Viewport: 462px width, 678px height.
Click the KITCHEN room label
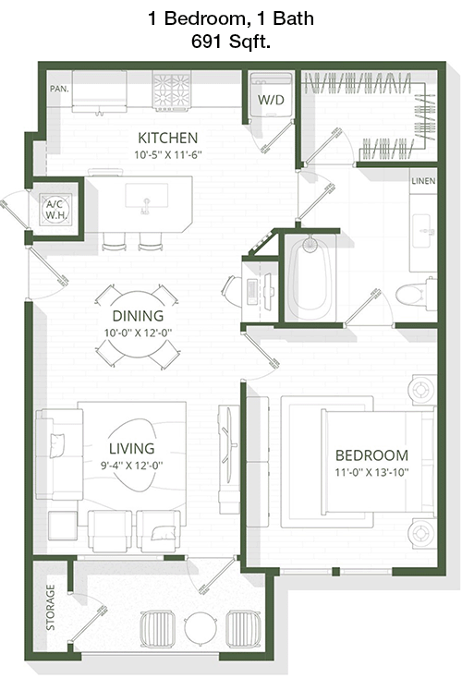[168, 138]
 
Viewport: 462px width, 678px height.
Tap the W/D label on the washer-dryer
[271, 100]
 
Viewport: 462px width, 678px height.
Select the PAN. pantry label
[59, 89]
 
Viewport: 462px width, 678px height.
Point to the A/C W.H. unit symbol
[55, 209]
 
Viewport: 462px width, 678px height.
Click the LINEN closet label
[423, 181]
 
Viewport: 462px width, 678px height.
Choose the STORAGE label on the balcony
[51, 607]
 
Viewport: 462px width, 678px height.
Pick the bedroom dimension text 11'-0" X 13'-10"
[371, 472]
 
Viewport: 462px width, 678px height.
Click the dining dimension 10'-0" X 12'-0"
[138, 333]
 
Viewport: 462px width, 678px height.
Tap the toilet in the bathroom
[416, 295]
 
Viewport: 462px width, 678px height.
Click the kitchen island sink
[147, 197]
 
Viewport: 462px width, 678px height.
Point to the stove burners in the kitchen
[172, 89]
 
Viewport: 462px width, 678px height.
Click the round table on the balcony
[201, 628]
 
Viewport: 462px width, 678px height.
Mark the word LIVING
[131, 448]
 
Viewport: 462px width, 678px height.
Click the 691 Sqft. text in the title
[231, 42]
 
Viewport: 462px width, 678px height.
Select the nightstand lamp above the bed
[421, 390]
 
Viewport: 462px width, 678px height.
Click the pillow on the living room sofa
[57, 445]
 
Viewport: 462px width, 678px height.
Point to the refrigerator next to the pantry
[100, 91]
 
